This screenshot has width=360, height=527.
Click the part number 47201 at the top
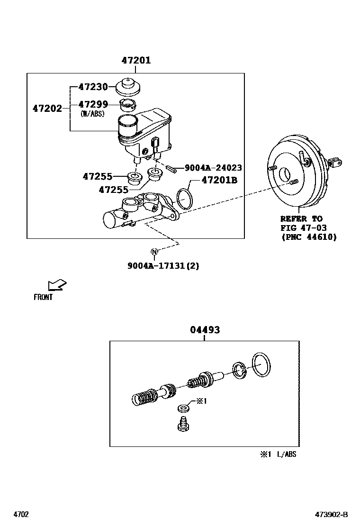[136, 60]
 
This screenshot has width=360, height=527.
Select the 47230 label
[93, 87]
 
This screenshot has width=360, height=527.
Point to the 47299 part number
[93, 104]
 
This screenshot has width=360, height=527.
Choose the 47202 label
[47, 109]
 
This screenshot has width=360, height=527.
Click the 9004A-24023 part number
[213, 168]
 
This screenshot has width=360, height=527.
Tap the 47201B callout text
[219, 180]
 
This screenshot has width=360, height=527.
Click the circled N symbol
[154, 251]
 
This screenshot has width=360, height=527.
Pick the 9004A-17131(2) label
[163, 265]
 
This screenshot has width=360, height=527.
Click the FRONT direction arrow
[57, 285]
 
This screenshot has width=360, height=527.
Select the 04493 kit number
[205, 329]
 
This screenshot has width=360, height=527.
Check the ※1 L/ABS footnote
[278, 454]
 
